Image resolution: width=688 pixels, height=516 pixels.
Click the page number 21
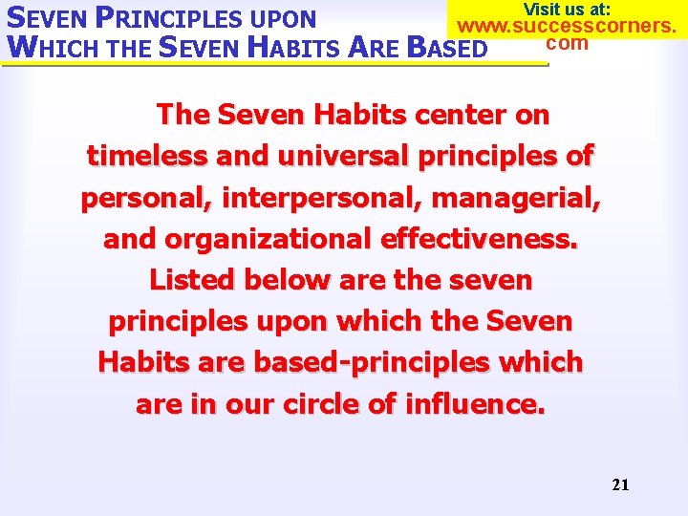(620, 484)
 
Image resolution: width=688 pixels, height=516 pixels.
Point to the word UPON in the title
(284, 18)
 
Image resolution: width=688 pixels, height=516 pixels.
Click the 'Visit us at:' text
(567, 9)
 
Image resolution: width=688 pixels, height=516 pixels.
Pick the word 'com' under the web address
(567, 43)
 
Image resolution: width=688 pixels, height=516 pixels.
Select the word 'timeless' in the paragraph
(145, 155)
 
